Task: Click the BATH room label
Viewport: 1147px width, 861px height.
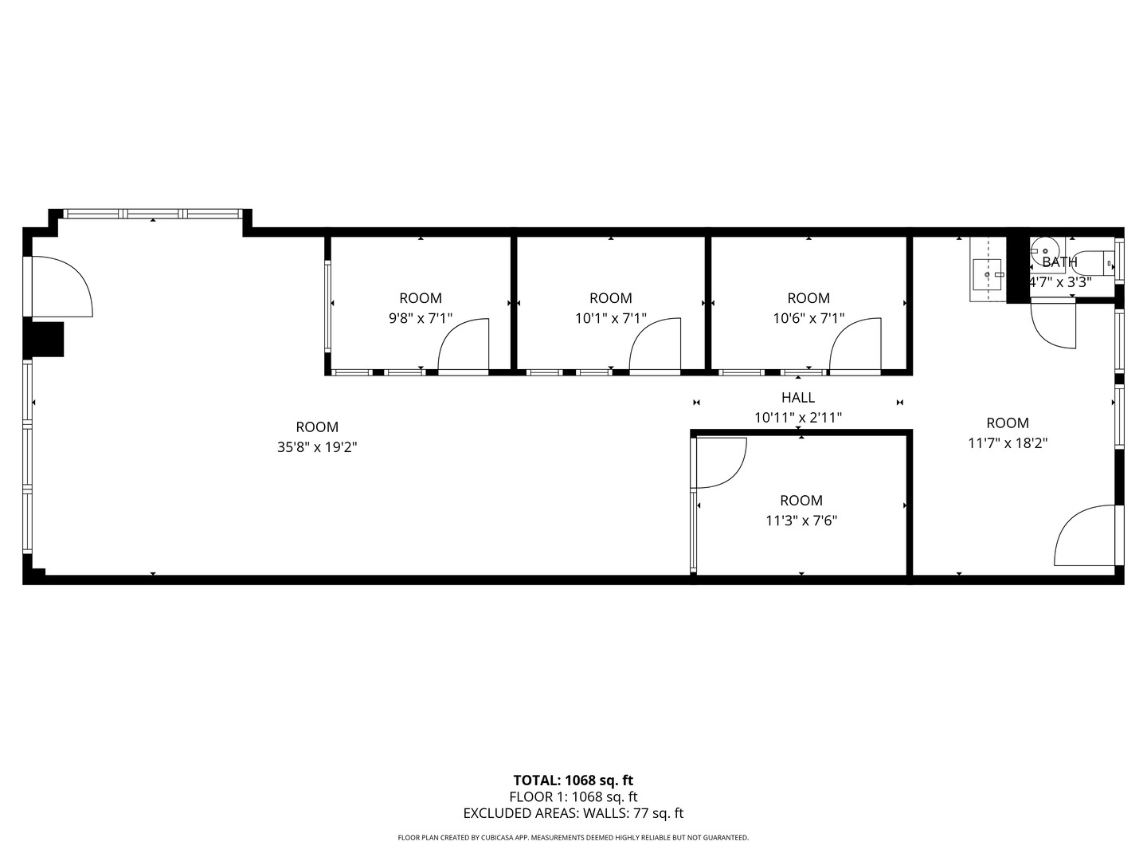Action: click(1059, 262)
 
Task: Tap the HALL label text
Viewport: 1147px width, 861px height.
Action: click(798, 398)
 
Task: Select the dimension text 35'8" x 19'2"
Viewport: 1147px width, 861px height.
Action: click(317, 447)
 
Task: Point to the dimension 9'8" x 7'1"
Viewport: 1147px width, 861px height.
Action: click(420, 318)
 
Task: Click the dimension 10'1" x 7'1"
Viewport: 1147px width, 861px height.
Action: click(611, 318)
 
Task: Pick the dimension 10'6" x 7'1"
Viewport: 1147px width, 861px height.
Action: click(808, 318)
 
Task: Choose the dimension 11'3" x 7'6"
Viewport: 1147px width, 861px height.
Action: click(801, 521)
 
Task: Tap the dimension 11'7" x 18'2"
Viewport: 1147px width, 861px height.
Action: click(1008, 443)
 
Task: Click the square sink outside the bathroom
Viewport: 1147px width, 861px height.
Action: click(987, 274)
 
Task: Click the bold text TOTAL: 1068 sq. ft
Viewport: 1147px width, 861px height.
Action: click(573, 780)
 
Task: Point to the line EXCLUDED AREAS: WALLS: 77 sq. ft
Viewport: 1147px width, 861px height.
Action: click(573, 813)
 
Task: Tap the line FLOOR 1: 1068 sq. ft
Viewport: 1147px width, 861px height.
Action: click(573, 796)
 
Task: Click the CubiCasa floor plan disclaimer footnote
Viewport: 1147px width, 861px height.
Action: click(573, 838)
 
